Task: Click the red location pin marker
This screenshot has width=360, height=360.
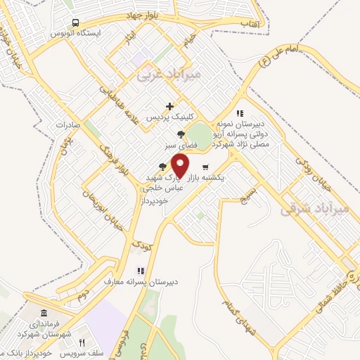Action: coord(181,166)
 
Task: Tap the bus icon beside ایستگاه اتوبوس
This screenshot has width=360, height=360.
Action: coord(75,22)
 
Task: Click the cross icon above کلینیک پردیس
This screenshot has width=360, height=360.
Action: coord(169,107)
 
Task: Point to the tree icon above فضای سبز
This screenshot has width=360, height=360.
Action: coord(181,134)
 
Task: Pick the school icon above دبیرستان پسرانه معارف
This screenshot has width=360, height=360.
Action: coord(141,270)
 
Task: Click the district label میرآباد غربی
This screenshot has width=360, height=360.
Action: coord(169,73)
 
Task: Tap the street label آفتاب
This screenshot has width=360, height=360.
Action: coord(251,25)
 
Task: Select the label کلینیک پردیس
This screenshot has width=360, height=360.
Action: coord(169,118)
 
